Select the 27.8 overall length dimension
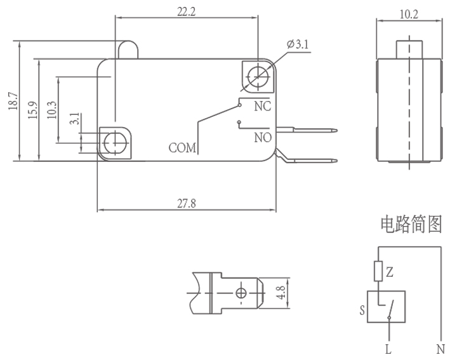pyautogui.click(x=186, y=203)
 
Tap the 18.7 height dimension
pyautogui.click(x=13, y=102)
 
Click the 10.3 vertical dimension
pyautogui.click(x=51, y=110)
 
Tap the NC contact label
pyautogui.click(x=263, y=107)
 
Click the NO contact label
pyautogui.click(x=263, y=137)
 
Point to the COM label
pyautogui.click(x=183, y=148)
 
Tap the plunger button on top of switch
pyautogui.click(x=127, y=50)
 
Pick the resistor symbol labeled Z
pyautogui.click(x=378, y=272)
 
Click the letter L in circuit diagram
pyautogui.click(x=388, y=349)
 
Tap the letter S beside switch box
pyautogui.click(x=362, y=310)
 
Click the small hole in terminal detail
pyautogui.click(x=241, y=293)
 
